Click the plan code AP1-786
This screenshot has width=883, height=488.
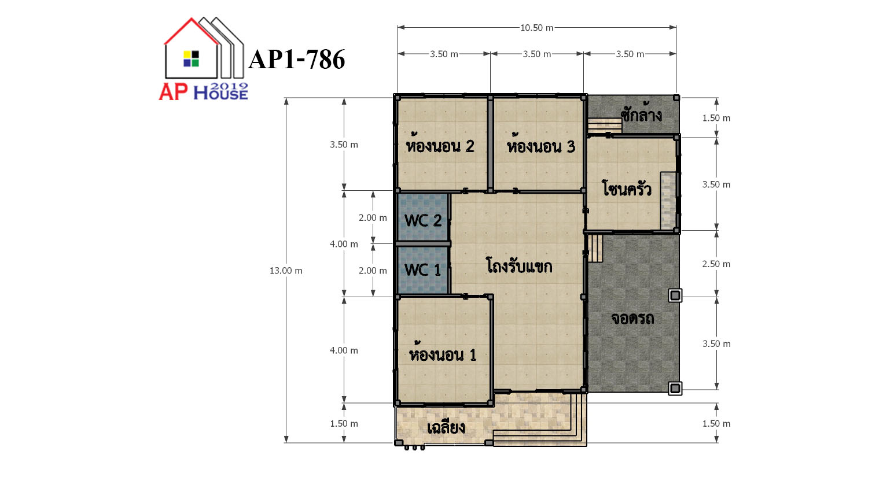pos(296,60)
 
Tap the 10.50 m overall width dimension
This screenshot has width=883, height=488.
pos(536,28)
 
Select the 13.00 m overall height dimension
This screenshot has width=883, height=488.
pos(286,271)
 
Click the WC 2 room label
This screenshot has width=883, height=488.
pos(423,220)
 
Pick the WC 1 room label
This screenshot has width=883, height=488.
pos(422,270)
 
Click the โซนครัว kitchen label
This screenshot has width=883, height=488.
pos(627,188)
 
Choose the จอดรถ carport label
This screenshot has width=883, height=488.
pos(632,318)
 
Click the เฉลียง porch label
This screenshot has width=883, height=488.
pos(446,427)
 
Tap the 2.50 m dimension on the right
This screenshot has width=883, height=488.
pos(716,264)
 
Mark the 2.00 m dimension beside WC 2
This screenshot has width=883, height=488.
pos(373,217)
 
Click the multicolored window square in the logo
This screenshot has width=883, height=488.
pos(191,58)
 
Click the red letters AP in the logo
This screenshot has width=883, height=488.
pos(173,92)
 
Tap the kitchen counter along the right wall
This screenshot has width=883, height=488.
pos(668,201)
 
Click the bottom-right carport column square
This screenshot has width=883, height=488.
pos(675,389)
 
